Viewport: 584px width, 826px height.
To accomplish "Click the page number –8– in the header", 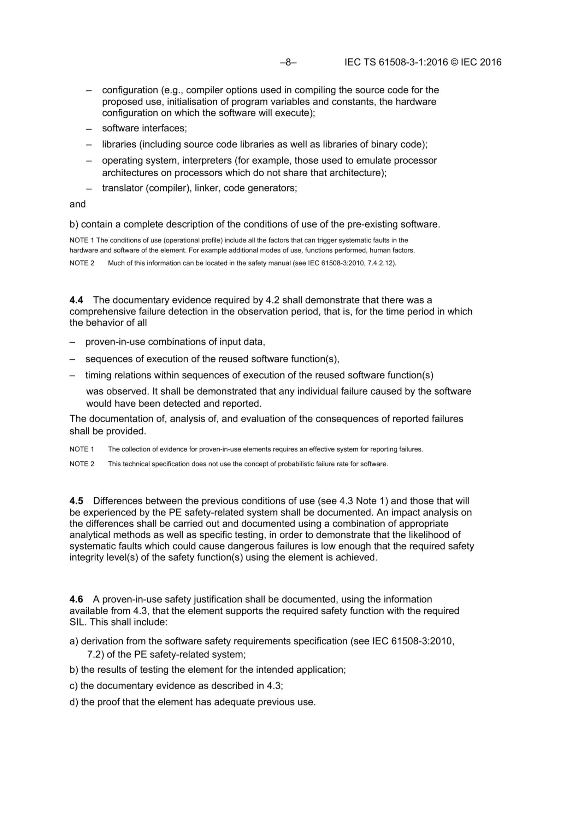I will tap(288, 62).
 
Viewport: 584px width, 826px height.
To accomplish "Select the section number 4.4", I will tap(76, 300).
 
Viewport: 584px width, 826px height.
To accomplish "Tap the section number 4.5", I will tap(76, 501).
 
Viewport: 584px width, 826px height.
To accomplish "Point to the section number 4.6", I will tap(76, 599).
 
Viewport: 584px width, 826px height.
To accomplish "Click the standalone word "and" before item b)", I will tap(77, 204).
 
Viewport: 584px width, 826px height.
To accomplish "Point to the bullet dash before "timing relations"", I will tap(73, 375).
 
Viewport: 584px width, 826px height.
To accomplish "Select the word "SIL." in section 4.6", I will tap(78, 622).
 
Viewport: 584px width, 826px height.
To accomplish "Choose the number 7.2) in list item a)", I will tap(95, 654).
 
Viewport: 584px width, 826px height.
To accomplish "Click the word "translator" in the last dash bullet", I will tap(122, 188).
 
